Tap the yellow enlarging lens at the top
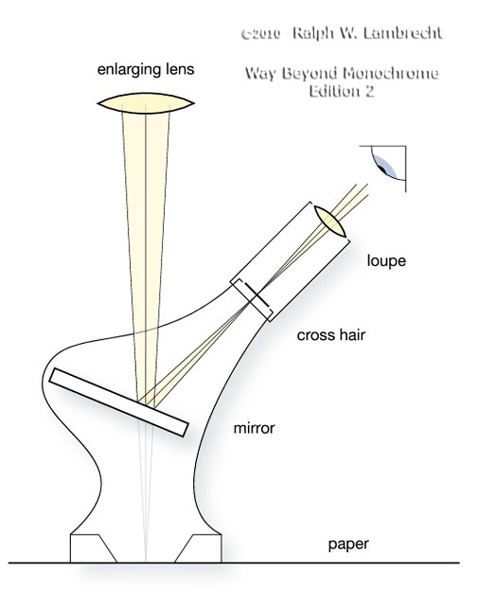coord(146,103)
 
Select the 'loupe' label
coord(386,261)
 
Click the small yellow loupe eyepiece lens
coord(329,221)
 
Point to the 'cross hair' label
coord(330,334)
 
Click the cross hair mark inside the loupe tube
coord(257,295)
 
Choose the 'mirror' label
coord(254,428)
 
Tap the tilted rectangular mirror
coord(118,402)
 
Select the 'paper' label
coord(348,544)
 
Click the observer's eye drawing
coord(386,164)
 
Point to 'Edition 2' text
coord(342,91)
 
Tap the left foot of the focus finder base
coord(93,548)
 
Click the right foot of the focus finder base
coord(198,548)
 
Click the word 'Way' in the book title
coord(259,74)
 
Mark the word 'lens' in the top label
coord(180,70)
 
